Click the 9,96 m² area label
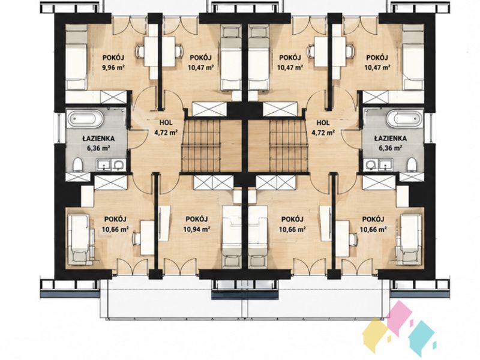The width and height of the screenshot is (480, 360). coord(113,68)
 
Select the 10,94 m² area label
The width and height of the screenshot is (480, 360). coord(197,229)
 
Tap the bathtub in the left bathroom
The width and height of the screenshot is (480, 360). coord(85,119)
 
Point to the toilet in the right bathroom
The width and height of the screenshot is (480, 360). coord(412,164)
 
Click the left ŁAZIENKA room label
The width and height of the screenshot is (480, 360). coord(98,139)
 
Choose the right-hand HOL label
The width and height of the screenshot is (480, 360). coord(323,123)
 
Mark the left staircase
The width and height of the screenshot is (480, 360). coord(201,145)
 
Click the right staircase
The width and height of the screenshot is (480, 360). coord(289,145)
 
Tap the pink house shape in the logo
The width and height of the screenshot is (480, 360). coord(399,314)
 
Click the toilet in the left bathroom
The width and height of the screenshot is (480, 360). coord(78,164)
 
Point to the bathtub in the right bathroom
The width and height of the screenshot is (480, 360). coord(404,119)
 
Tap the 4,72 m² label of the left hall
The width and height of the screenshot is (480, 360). coord(166,133)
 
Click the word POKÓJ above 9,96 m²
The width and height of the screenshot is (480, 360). coord(113,58)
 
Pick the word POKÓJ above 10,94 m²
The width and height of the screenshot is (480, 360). coord(197,219)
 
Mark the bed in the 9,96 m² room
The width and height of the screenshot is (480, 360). coord(76,57)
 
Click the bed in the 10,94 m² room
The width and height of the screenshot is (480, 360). coord(232,235)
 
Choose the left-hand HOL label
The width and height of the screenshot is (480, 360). coord(166,123)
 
